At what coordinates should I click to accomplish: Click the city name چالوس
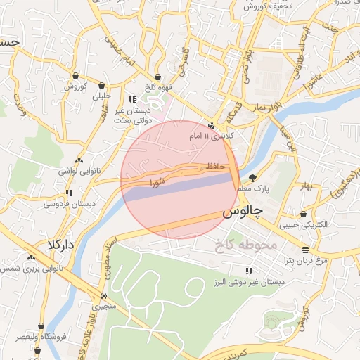(243, 211)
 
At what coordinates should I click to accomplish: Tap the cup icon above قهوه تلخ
(157, 77)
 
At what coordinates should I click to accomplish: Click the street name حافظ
(216, 166)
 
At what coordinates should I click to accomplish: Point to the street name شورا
(157, 182)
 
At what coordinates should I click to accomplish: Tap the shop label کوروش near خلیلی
(75, 86)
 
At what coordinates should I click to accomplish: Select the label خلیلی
(102, 95)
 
